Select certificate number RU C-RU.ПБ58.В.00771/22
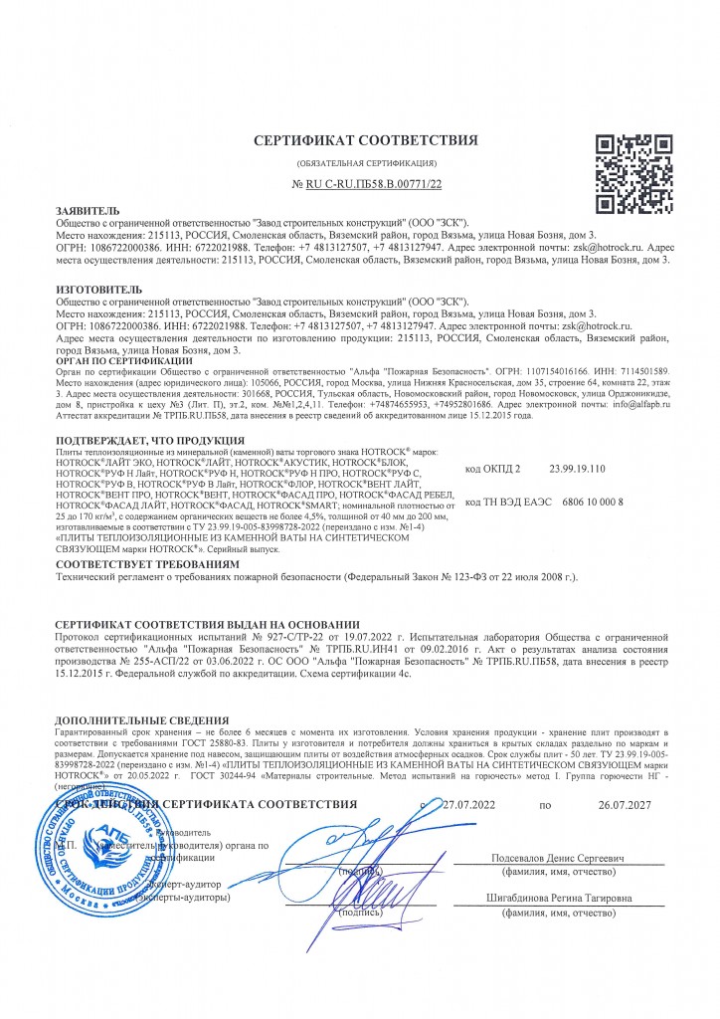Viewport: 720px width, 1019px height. [367, 185]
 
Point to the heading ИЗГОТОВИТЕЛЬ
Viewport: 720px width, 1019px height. [99, 289]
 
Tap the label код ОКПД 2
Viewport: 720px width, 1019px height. [492, 466]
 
